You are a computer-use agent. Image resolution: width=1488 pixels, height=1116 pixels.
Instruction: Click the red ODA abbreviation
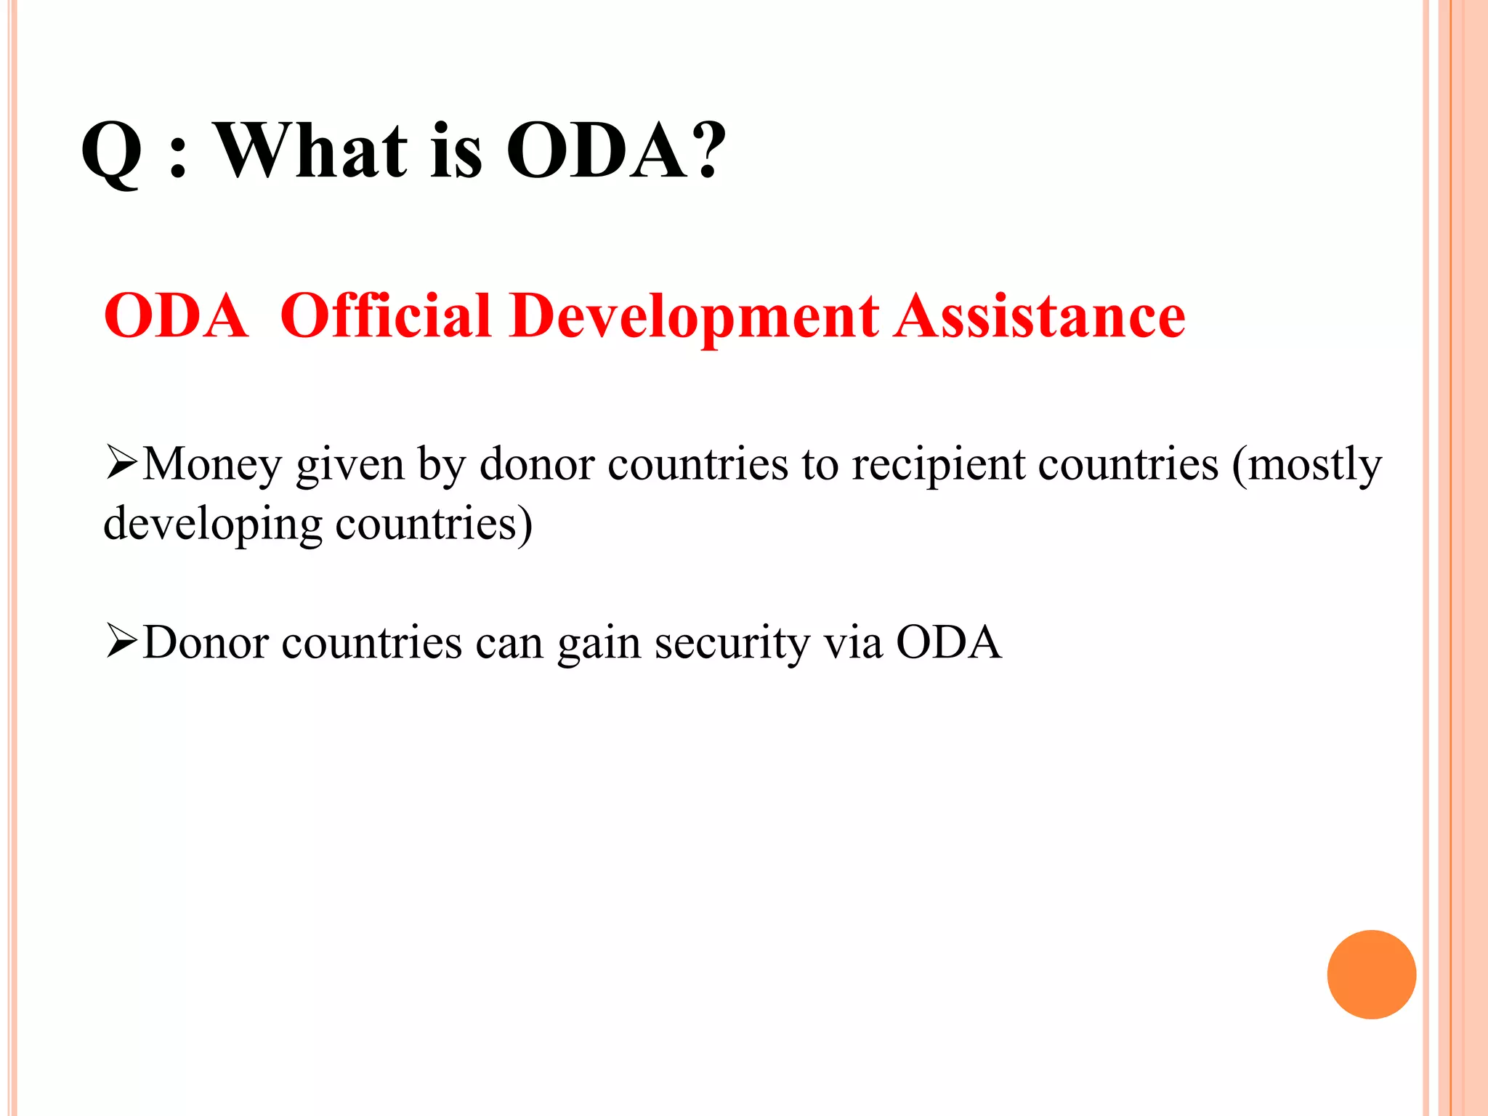coord(176,316)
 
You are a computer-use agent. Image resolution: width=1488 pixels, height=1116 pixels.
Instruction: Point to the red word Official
coord(386,316)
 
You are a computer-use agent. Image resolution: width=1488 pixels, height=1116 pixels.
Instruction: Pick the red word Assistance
coord(1040,316)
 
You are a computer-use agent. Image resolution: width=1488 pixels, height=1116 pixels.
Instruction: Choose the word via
coord(853,642)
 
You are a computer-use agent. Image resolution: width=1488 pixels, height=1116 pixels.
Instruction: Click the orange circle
coord(1371,974)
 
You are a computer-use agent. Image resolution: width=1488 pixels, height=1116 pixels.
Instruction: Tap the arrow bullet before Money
coord(121,464)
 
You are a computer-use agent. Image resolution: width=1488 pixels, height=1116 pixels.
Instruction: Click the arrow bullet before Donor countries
coord(121,642)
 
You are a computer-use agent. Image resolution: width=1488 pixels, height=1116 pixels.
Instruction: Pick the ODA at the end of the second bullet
coord(948,642)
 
